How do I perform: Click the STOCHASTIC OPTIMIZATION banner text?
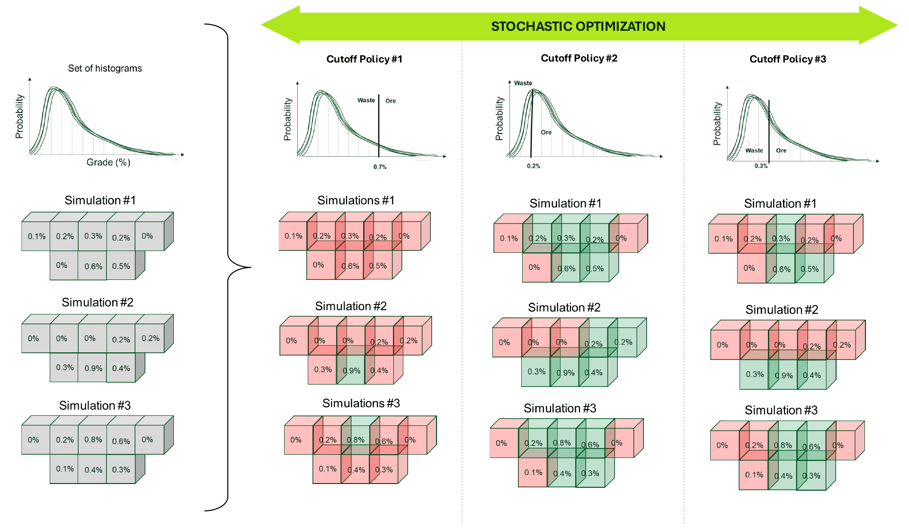click(578, 26)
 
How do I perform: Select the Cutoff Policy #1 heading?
click(364, 59)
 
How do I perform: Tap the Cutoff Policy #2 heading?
click(579, 58)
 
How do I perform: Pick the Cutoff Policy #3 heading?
click(788, 59)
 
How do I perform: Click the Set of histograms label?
click(105, 68)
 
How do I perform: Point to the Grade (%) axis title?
click(108, 162)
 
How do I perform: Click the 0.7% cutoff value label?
click(380, 167)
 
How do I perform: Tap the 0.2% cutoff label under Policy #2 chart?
click(534, 166)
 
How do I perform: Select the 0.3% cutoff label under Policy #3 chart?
click(761, 166)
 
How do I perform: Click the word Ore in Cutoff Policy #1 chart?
click(391, 101)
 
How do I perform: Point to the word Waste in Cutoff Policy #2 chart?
click(523, 83)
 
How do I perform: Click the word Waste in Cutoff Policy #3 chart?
click(754, 151)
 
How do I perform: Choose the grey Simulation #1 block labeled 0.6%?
click(93, 266)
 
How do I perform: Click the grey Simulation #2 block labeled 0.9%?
click(93, 368)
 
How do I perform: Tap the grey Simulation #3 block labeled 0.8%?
click(93, 439)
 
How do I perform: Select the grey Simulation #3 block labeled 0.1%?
click(64, 469)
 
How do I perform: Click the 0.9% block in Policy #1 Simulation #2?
click(351, 370)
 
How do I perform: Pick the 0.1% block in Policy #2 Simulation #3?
click(533, 472)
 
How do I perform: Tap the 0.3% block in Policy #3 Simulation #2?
click(755, 374)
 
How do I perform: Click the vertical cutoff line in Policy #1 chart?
click(379, 126)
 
